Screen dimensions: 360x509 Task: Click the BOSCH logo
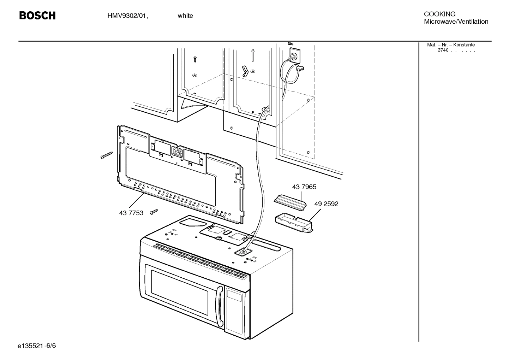37,16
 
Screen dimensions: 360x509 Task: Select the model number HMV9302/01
127,16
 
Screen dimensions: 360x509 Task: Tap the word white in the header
185,16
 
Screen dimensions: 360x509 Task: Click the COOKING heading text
439,14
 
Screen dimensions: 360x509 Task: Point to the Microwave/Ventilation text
456,22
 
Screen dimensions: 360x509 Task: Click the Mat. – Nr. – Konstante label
451,45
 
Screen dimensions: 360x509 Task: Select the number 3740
443,50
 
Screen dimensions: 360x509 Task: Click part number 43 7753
131,213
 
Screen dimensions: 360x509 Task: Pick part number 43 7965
304,187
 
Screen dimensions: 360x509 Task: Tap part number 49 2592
326,204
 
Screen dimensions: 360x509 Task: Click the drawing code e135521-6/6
37,345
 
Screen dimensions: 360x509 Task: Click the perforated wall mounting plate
180,173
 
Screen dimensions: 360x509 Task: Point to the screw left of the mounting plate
106,155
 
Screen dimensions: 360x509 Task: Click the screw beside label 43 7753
154,212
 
